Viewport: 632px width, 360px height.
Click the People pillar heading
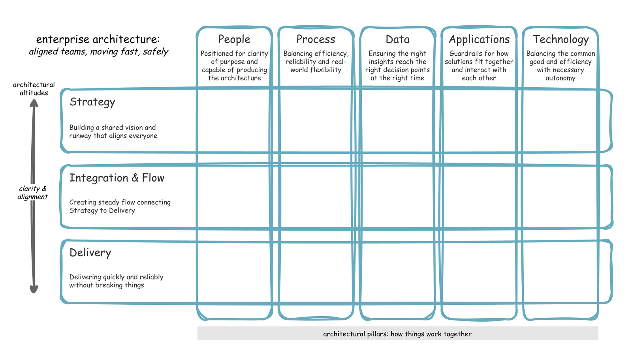click(x=234, y=39)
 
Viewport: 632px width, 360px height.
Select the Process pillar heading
click(x=316, y=39)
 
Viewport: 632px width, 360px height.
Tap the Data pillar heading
click(x=397, y=39)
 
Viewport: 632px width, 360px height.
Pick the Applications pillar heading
click(x=479, y=39)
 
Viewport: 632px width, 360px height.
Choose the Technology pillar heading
click(x=561, y=39)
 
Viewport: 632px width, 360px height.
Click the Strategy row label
click(x=92, y=102)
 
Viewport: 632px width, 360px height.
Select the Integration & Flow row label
click(x=117, y=178)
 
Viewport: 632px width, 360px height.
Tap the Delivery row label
click(x=90, y=253)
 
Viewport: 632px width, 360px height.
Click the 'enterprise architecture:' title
click(x=98, y=39)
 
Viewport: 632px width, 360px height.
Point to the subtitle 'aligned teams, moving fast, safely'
click(x=98, y=52)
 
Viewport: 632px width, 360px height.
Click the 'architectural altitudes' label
click(x=34, y=89)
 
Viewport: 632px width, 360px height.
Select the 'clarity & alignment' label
click(x=32, y=193)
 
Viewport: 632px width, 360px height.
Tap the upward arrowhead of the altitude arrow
click(x=34, y=103)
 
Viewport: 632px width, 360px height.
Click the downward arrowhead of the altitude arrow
click(x=34, y=289)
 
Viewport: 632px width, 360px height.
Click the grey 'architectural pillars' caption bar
click(x=397, y=334)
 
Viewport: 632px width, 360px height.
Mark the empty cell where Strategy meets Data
click(x=397, y=120)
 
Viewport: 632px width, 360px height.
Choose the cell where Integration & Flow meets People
click(x=234, y=196)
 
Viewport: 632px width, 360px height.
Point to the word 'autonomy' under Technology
click(x=561, y=78)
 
